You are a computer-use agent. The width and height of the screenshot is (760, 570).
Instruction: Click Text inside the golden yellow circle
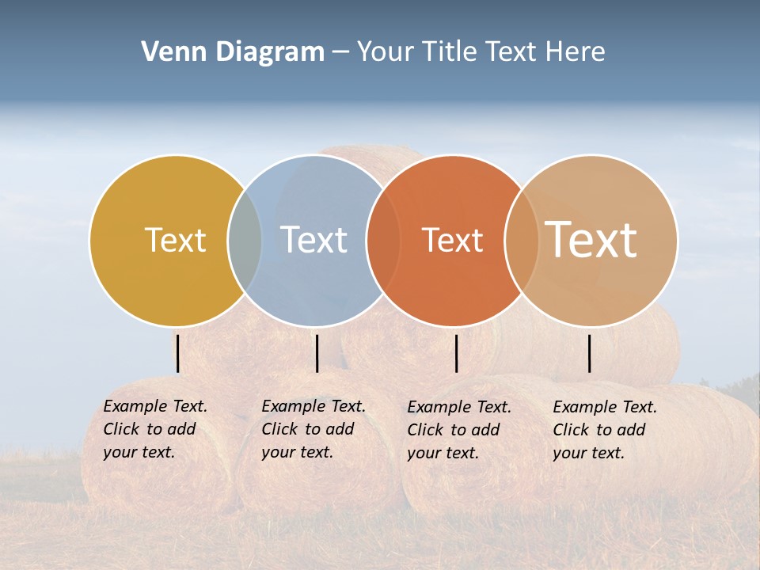click(175, 240)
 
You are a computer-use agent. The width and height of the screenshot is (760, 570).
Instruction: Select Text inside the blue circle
click(314, 240)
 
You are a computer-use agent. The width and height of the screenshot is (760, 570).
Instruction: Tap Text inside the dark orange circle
click(452, 240)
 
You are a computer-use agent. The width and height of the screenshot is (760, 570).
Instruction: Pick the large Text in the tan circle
click(591, 240)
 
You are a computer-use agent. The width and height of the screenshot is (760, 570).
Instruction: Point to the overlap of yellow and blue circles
click(245, 241)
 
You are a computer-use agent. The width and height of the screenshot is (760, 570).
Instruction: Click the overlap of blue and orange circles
click(382, 241)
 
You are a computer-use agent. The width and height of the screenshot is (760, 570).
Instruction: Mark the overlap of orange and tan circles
click(521, 241)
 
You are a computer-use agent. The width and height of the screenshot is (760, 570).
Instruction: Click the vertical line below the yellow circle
click(178, 353)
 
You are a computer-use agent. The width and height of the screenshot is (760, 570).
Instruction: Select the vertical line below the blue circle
click(317, 353)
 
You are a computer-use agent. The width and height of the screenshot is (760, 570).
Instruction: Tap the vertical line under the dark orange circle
click(456, 353)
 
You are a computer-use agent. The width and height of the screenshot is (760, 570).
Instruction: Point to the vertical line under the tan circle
click(590, 353)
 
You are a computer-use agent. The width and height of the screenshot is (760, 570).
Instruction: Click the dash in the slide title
click(340, 53)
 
